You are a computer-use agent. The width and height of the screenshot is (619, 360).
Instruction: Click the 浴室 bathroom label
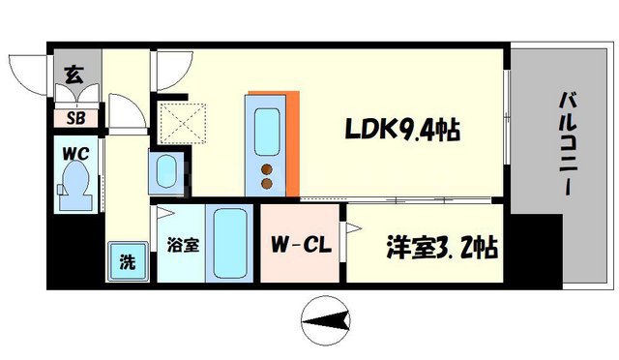click(184, 246)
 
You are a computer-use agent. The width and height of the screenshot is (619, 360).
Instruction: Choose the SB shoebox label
click(74, 119)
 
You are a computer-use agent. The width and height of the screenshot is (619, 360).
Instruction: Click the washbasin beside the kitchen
click(165, 173)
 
